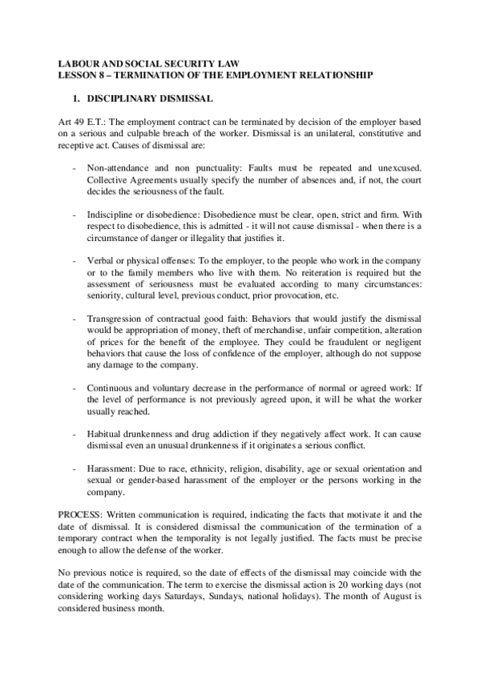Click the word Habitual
pos(105,432)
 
